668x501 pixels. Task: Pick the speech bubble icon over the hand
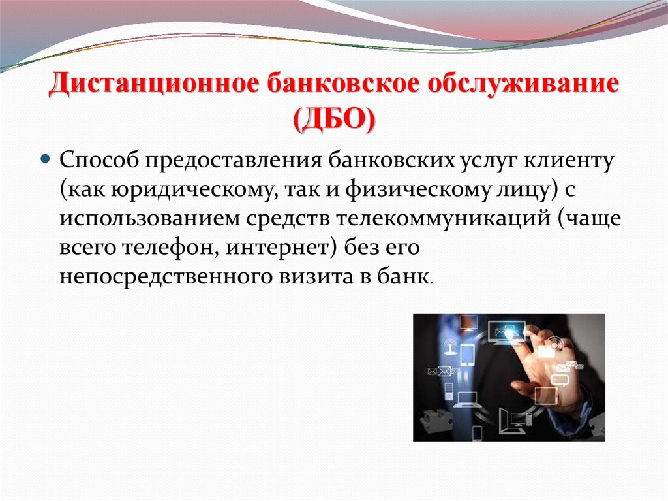560,380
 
